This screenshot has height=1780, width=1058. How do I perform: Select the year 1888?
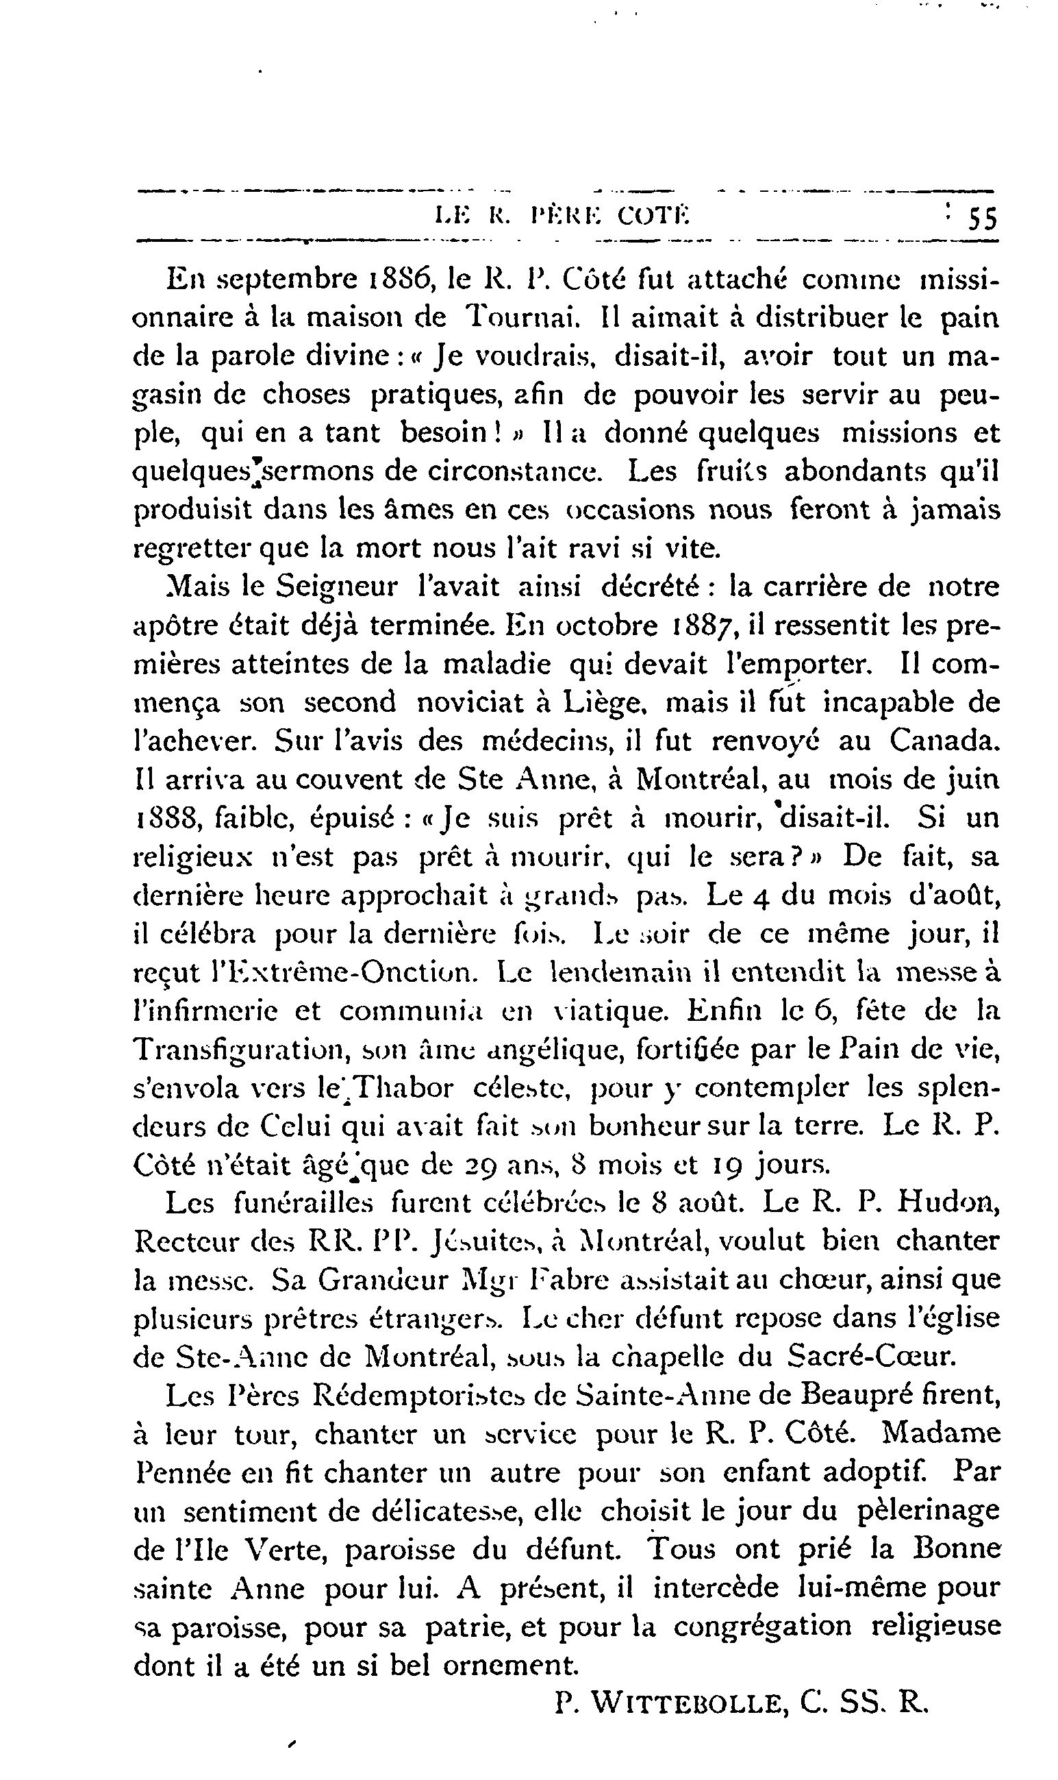pos(162,818)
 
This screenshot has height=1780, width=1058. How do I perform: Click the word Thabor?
pos(404,1087)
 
